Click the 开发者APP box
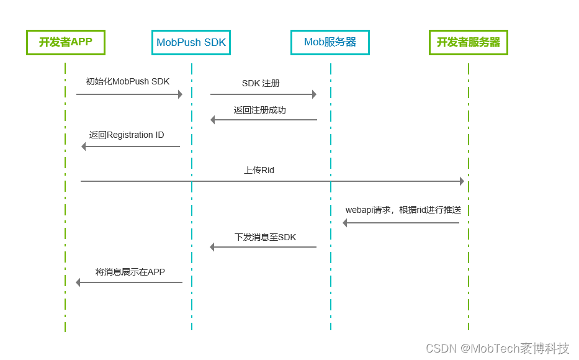[x=65, y=42]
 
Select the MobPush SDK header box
[x=191, y=42]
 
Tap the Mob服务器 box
[x=330, y=42]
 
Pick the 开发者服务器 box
[x=469, y=42]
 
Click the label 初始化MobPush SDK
[x=128, y=81]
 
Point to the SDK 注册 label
[x=261, y=83]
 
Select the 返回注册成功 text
[x=260, y=110]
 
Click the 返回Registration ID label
[x=127, y=135]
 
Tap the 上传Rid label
[x=259, y=169]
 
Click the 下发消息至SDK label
[x=265, y=237]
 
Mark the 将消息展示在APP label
[x=130, y=272]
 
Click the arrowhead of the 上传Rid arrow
[x=462, y=181]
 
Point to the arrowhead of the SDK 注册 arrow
[x=314, y=94]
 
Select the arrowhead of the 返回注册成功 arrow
[x=213, y=120]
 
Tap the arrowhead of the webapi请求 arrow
[x=345, y=223]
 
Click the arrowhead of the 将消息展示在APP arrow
[x=78, y=282]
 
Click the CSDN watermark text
[x=497, y=348]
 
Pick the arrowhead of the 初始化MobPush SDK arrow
[x=180, y=94]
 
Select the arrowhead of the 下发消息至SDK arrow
[x=212, y=247]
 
